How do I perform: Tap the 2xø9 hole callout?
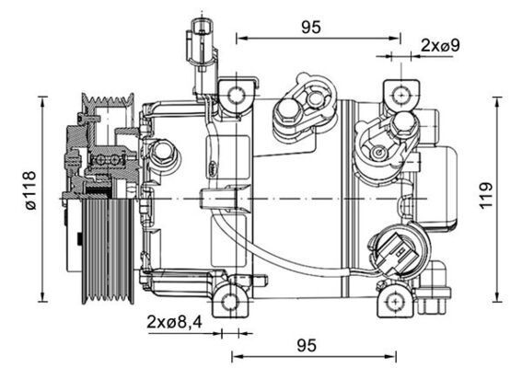[x=440, y=44]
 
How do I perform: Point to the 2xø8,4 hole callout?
[x=174, y=322]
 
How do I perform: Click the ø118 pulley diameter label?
[x=31, y=197]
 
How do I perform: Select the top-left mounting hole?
[x=237, y=95]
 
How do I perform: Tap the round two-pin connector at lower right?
[x=394, y=251]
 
